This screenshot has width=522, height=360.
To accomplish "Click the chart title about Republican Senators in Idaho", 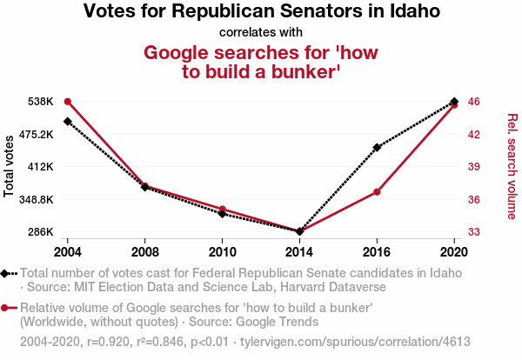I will [261, 12].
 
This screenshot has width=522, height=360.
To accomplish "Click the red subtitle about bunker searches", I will [261, 62].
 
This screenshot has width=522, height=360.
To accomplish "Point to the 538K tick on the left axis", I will [39, 102].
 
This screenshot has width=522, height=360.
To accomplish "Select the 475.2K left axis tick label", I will [35, 134].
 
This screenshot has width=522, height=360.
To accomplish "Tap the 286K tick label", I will [39, 232].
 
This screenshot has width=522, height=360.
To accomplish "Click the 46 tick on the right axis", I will [474, 102].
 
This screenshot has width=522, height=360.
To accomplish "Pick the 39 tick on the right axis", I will [474, 167].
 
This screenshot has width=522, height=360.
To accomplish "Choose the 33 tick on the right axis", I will [474, 232].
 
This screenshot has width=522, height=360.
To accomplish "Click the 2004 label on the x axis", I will [68, 251].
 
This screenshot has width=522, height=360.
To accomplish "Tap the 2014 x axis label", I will [299, 251].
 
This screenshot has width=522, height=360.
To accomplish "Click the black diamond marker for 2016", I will [377, 148].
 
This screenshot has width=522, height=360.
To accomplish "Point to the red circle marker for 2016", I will [377, 191].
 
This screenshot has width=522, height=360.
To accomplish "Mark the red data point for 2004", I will [68, 102].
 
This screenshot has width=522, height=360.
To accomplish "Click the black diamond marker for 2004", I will [68, 121].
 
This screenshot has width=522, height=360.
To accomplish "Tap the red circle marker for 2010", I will [223, 210].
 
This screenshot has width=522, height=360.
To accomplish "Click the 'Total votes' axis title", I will [9, 166].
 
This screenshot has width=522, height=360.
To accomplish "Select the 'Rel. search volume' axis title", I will [512, 166].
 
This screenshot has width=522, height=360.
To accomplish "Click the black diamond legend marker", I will [6, 273].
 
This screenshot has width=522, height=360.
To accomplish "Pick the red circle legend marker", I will [6, 308].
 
